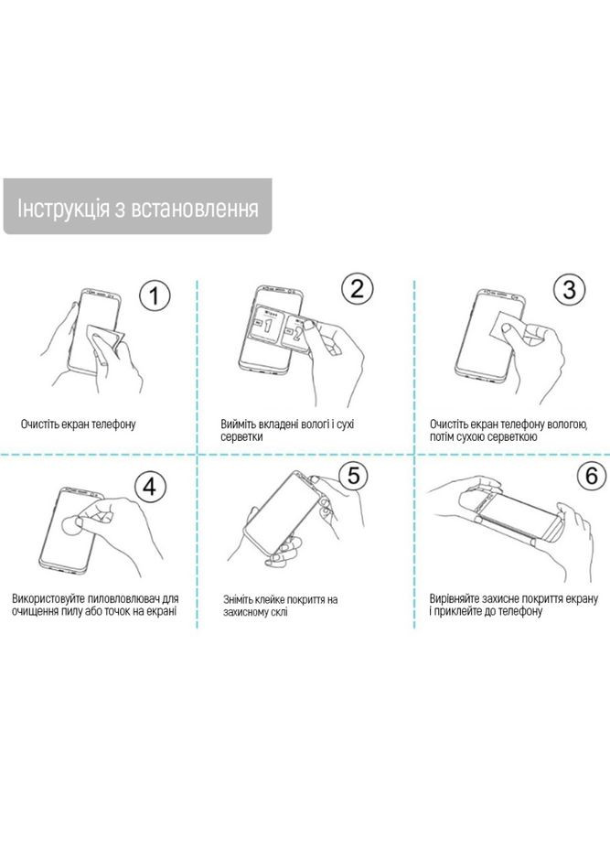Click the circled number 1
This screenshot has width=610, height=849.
coord(155,296)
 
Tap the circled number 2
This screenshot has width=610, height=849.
coord(358,288)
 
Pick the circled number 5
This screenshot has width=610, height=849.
coord(353,476)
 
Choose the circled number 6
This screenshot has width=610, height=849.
coord(591,475)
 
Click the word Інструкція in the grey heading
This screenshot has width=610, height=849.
coord(63,209)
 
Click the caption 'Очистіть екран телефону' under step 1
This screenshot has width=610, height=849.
coord(78,424)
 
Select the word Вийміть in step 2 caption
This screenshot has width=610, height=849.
coord(239,424)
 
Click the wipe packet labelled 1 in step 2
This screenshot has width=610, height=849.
coord(270,325)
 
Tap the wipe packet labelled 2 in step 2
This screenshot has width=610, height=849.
coord(297,331)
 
